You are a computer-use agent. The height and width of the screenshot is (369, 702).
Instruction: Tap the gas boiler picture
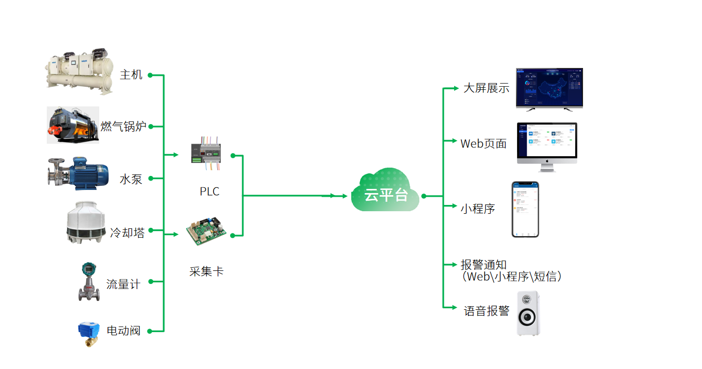pyautogui.click(x=73, y=125)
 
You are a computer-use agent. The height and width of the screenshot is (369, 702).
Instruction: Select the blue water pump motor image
pyautogui.click(x=78, y=173)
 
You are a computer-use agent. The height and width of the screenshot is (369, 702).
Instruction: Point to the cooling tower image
pyautogui.click(x=86, y=223)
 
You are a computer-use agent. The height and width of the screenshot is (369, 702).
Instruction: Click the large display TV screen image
pyautogui.click(x=549, y=88)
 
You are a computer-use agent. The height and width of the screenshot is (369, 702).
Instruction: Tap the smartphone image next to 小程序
pyautogui.click(x=525, y=209)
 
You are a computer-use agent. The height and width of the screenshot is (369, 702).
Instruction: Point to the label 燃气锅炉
pyautogui.click(x=124, y=126)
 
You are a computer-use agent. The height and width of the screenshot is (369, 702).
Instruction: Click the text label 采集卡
pyautogui.click(x=206, y=271)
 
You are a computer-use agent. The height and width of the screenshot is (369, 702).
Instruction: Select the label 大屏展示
pyautogui.click(x=486, y=88)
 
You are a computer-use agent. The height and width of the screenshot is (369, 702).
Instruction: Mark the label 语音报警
pyautogui.click(x=487, y=311)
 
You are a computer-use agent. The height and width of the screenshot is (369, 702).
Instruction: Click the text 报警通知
pyautogui.click(x=484, y=265)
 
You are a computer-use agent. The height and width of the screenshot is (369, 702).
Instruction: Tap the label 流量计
pyautogui.click(x=123, y=284)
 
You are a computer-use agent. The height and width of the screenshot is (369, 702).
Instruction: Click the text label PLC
pyautogui.click(x=209, y=192)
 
